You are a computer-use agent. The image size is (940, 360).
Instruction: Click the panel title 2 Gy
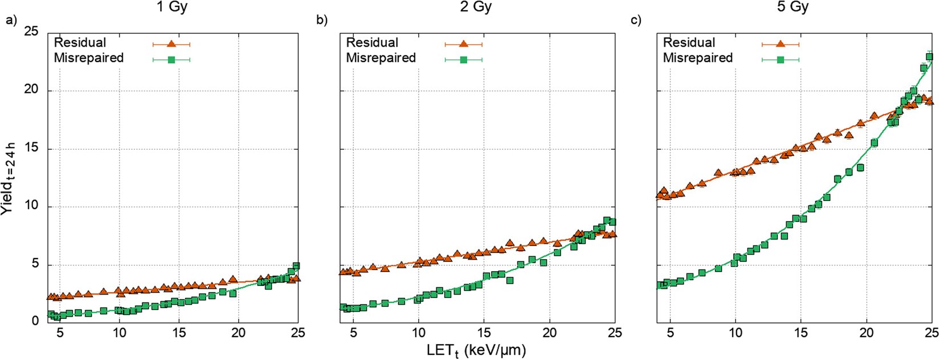coord(475,7)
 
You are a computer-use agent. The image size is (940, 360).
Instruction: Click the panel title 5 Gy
coord(792,7)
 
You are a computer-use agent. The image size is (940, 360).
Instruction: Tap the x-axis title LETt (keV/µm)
coord(476,349)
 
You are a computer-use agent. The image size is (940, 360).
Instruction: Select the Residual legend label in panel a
coord(80,43)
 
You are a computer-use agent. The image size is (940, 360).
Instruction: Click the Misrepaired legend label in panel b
coord(381,58)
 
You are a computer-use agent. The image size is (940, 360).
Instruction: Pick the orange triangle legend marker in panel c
coord(780,43)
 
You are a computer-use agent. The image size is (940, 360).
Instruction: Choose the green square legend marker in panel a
coord(171,59)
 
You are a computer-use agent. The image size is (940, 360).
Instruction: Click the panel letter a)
coord(11,21)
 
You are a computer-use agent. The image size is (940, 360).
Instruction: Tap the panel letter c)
coord(636,21)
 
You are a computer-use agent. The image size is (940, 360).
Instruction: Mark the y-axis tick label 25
coord(31,31)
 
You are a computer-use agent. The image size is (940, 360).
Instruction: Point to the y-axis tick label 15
coord(31,149)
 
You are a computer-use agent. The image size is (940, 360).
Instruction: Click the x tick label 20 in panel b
coord(550,333)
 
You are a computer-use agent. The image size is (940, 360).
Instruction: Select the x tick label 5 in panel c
coord(671,333)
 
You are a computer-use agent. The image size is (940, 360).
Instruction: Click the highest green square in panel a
coord(296,266)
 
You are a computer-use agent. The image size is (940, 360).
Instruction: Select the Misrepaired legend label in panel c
coord(697,58)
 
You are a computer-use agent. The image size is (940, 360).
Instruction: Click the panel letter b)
coord(322,21)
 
